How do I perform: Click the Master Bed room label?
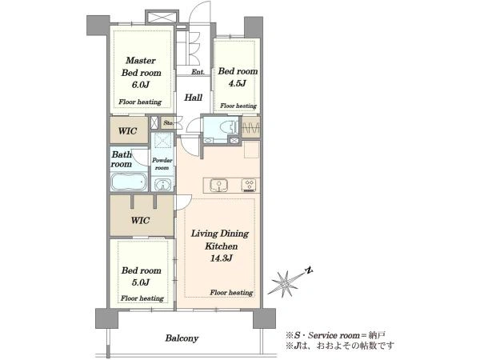[141, 66]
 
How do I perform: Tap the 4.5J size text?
[237, 83]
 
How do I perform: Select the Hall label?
[193, 98]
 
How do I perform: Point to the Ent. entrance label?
[198, 72]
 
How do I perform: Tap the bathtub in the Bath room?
[129, 182]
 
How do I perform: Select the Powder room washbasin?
[162, 185]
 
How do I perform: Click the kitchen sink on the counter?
[218, 186]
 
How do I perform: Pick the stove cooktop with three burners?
[250, 186]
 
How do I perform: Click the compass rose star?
[284, 283]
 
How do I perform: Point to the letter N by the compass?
[309, 270]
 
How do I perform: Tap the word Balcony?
[182, 338]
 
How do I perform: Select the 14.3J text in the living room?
[221, 258]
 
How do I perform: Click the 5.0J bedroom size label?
[141, 282]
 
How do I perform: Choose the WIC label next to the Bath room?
[127, 131]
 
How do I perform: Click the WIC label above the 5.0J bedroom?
[140, 221]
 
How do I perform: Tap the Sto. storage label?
[168, 123]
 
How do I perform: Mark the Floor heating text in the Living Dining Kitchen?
[231, 293]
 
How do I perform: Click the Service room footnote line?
[335, 335]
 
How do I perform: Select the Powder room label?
[162, 164]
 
